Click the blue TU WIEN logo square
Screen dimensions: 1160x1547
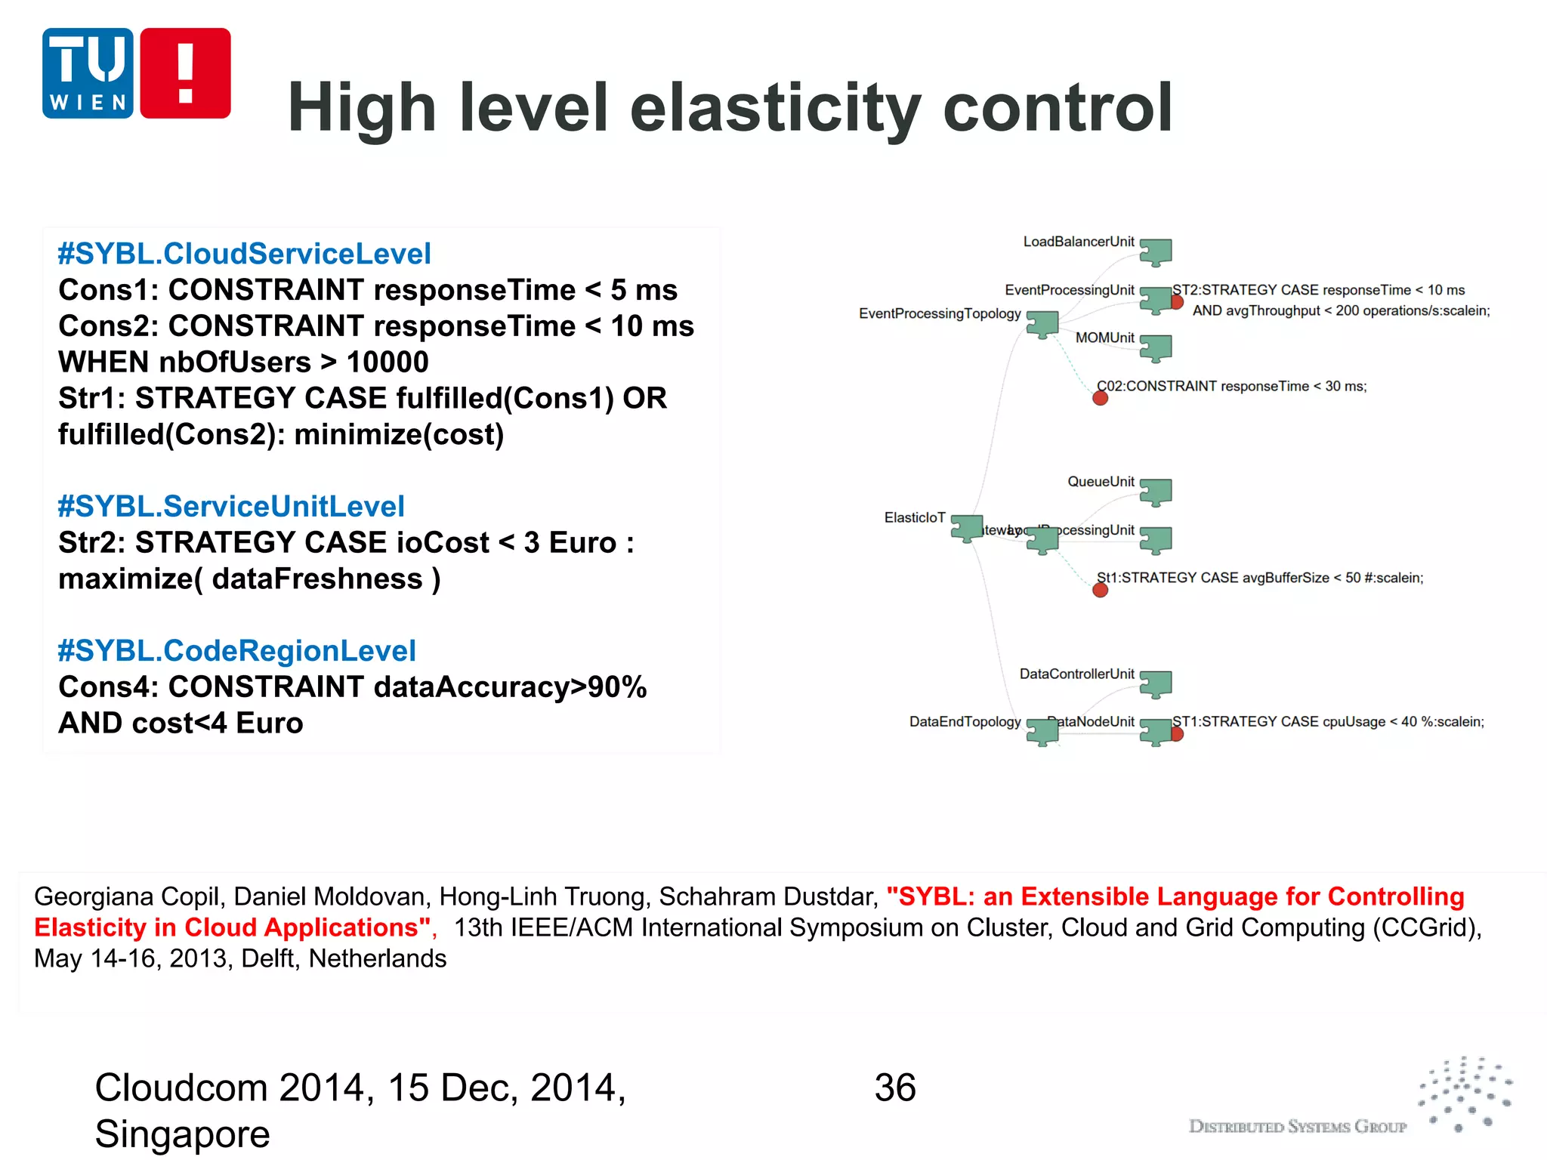point(88,73)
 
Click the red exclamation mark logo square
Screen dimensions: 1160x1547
point(185,73)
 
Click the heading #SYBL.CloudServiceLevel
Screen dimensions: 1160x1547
point(244,254)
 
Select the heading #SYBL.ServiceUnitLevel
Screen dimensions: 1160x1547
point(231,506)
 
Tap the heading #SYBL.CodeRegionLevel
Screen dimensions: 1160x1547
point(236,650)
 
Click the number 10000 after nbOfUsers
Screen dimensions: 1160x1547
point(388,362)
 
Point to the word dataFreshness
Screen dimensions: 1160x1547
point(317,578)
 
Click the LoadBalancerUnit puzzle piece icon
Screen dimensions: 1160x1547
point(1155,251)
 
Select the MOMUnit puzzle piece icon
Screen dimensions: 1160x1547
point(1155,347)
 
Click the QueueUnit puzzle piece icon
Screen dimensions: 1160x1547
point(1155,492)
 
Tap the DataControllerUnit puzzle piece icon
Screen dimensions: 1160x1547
point(1155,683)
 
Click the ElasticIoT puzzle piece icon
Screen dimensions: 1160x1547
point(966,527)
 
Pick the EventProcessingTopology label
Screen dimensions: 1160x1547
point(940,313)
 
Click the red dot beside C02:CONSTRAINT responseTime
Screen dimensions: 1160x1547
point(1100,398)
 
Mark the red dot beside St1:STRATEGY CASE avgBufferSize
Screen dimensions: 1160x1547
point(1100,590)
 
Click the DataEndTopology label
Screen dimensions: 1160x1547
point(965,721)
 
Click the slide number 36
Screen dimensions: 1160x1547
point(895,1087)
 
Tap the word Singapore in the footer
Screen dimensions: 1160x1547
point(182,1134)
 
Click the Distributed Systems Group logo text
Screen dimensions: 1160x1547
point(1297,1126)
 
